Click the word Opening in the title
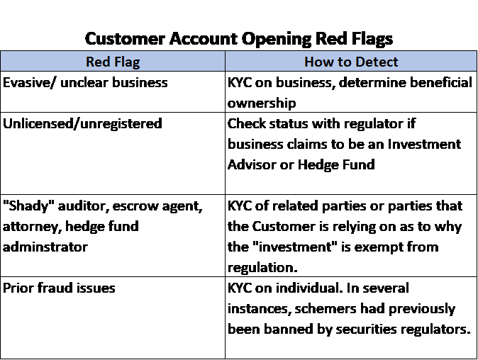[276, 39]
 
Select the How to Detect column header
[351, 62]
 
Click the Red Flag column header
[113, 62]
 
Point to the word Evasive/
[29, 82]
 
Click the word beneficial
[441, 82]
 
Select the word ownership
[262, 103]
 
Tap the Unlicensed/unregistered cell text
[82, 124]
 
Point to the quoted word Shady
[28, 206]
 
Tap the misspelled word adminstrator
[45, 247]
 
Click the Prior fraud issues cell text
[59, 288]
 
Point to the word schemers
[326, 309]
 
